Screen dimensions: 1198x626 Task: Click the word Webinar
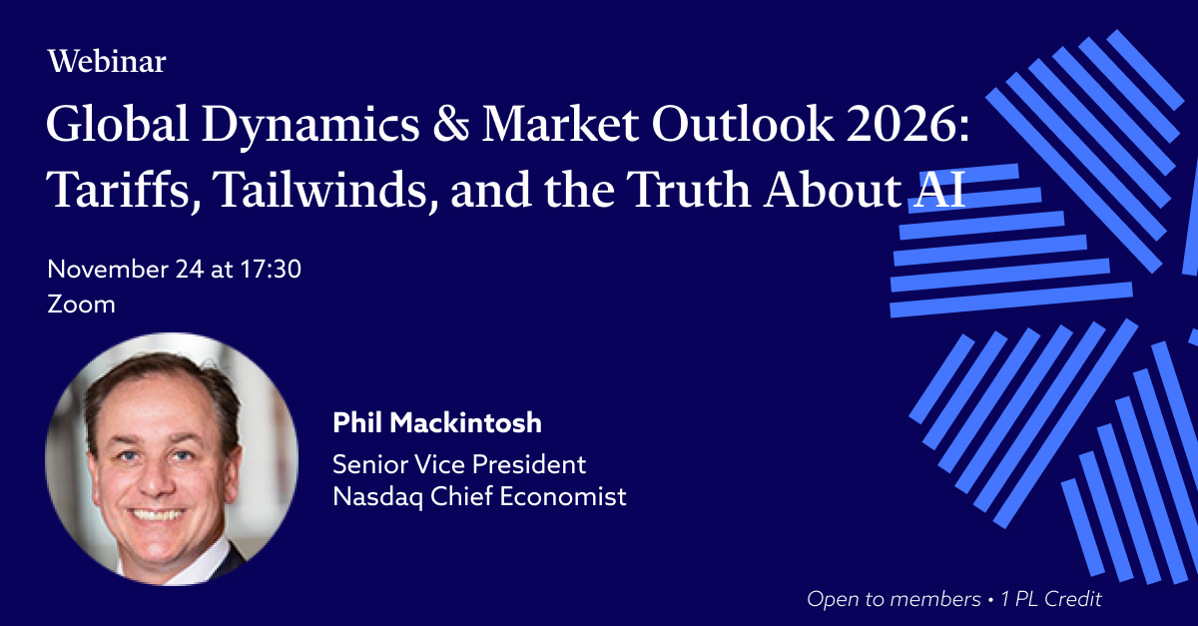click(107, 61)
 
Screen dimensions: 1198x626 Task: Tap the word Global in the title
click(117, 124)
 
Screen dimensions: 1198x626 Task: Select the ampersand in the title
click(451, 124)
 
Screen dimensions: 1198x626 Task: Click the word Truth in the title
click(688, 189)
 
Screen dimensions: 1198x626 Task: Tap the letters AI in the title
click(938, 189)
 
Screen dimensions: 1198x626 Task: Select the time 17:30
click(271, 269)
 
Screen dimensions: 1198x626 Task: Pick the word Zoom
click(81, 305)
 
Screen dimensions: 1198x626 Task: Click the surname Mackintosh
click(465, 422)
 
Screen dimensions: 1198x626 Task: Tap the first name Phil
click(357, 422)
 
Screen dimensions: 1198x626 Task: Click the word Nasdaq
click(377, 497)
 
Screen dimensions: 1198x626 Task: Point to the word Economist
click(563, 496)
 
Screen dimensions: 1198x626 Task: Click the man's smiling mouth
click(158, 515)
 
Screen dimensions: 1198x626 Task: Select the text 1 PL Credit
click(1051, 599)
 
